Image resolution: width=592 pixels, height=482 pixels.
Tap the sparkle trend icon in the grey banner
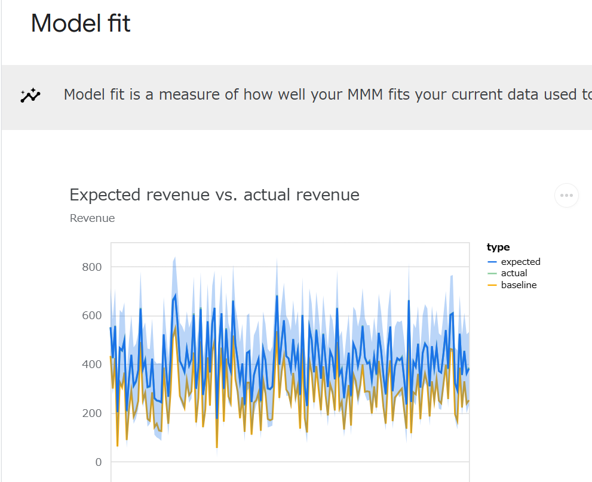click(x=30, y=95)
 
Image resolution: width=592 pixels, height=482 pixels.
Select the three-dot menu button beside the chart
click(x=566, y=195)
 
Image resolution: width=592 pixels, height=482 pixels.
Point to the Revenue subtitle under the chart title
click(x=92, y=218)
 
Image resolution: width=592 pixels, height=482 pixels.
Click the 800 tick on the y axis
click(x=92, y=267)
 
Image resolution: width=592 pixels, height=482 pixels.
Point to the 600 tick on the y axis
click(x=92, y=316)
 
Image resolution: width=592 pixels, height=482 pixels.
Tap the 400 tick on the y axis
click(x=92, y=364)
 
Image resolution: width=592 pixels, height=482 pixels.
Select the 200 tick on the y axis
click(x=92, y=413)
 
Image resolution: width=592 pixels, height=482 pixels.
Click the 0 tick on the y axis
click(x=98, y=462)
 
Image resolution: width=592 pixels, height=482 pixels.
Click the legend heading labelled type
click(x=498, y=248)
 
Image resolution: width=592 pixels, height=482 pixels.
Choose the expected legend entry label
click(x=520, y=262)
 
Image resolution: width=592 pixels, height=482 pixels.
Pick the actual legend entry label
click(x=514, y=273)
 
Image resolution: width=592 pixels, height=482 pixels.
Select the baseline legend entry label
click(x=519, y=285)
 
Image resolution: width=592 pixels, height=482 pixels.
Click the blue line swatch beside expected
click(x=492, y=262)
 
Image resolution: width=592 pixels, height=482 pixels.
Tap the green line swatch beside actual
click(x=492, y=274)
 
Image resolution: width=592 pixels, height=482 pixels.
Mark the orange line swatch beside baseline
click(x=492, y=286)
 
